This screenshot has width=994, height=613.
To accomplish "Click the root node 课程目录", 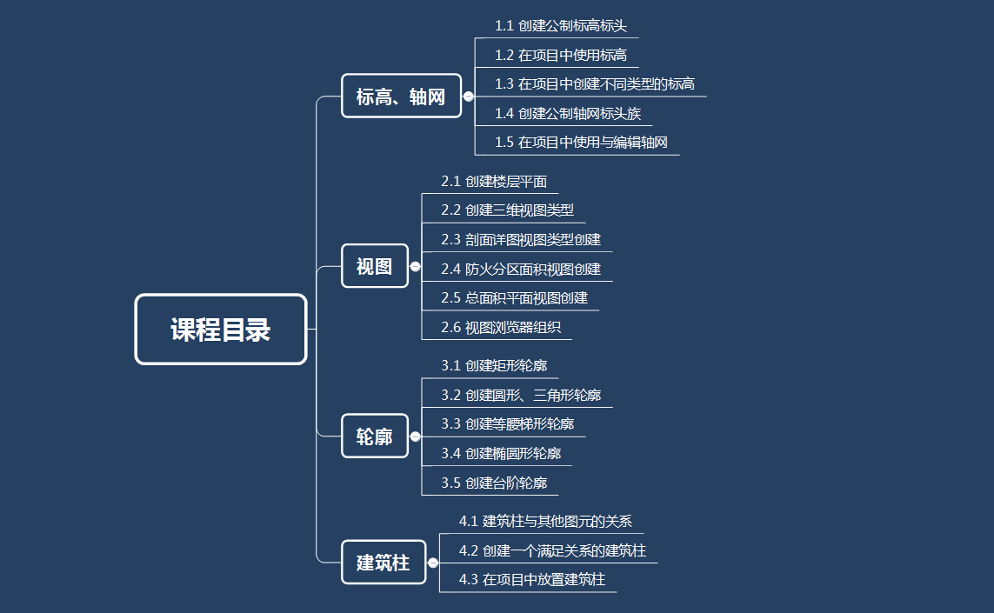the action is [221, 329].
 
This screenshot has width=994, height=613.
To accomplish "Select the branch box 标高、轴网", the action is [401, 96].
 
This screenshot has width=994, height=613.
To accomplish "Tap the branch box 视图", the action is [375, 265].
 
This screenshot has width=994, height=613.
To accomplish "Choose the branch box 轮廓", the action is [375, 436].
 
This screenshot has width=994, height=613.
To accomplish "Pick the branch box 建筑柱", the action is [384, 563].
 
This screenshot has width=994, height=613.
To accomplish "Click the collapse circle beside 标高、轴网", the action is [469, 97].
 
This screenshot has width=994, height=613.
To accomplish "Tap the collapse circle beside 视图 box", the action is [415, 266].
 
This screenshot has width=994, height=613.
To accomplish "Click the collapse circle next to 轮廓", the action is [415, 436].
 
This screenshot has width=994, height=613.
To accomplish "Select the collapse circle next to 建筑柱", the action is [433, 563].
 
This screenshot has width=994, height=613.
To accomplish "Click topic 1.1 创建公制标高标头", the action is [560, 26].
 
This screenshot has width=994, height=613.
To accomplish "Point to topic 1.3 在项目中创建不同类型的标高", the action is [595, 83].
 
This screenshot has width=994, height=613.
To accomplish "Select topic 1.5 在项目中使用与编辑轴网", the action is [581, 142].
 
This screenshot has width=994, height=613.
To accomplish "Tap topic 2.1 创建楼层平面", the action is [494, 182].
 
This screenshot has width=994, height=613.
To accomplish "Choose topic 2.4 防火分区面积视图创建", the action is [520, 270].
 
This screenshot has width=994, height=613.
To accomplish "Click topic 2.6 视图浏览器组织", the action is [501, 328].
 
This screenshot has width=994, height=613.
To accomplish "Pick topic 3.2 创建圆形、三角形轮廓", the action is [520, 395].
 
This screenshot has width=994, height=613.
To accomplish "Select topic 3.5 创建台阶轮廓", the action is [494, 483].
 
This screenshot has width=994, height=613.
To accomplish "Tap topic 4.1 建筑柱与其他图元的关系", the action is [545, 521].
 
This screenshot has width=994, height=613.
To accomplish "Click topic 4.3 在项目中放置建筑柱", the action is [532, 579].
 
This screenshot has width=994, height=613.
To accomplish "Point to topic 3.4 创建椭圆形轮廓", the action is [501, 453].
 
